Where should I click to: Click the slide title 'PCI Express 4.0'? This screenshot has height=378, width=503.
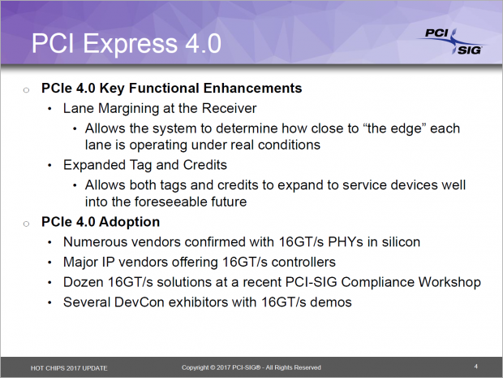click(x=126, y=43)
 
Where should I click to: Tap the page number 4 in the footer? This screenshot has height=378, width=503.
click(x=475, y=366)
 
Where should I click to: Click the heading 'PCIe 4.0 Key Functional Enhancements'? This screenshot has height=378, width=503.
click(x=171, y=88)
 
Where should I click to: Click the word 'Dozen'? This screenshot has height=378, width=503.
click(x=84, y=282)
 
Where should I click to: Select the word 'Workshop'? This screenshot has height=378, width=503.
click(x=448, y=282)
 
